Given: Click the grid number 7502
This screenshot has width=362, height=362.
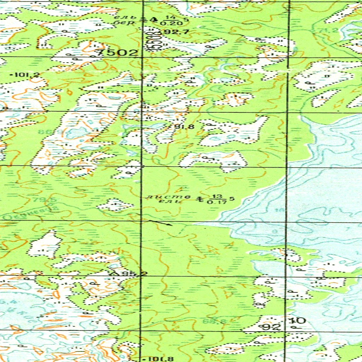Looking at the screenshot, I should point(117,53).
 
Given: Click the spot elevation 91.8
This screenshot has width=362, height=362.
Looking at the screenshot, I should point(184,127).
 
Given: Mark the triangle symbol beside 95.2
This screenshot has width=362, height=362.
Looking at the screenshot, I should point(114,273).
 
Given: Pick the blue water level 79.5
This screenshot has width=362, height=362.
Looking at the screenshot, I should point(41,200).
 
